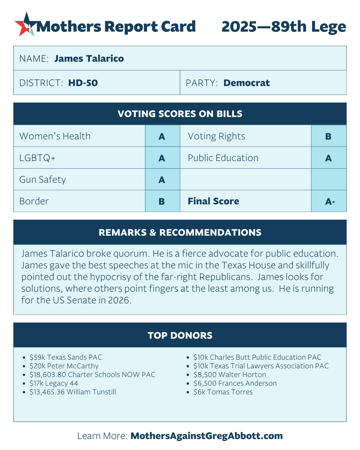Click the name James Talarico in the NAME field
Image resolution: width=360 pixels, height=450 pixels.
tap(89, 59)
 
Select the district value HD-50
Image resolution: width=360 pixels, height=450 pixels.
tap(83, 83)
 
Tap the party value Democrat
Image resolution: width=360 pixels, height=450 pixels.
tap(246, 83)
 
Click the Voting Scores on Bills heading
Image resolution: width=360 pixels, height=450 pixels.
tap(180, 114)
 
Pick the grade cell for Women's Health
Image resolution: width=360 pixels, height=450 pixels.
tap(162, 136)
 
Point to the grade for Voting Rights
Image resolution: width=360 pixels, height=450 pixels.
tap(328, 136)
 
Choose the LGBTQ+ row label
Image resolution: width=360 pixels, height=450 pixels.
tap(37, 158)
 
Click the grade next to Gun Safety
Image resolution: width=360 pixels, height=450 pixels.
tap(162, 180)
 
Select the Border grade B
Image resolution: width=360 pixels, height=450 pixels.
tap(162, 201)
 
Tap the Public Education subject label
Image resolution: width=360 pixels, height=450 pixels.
tap(223, 158)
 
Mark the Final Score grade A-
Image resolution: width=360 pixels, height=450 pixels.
tap(330, 201)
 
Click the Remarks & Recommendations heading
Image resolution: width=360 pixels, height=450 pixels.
tap(180, 233)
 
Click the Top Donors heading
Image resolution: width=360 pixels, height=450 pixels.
tap(180, 335)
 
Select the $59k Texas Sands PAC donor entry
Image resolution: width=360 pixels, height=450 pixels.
tap(66, 357)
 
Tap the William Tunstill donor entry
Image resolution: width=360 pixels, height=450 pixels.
tap(73, 392)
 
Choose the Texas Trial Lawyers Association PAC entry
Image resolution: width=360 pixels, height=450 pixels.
tap(261, 366)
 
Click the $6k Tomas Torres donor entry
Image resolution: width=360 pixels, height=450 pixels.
tap(223, 392)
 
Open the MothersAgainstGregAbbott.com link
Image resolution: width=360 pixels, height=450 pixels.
tap(206, 436)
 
